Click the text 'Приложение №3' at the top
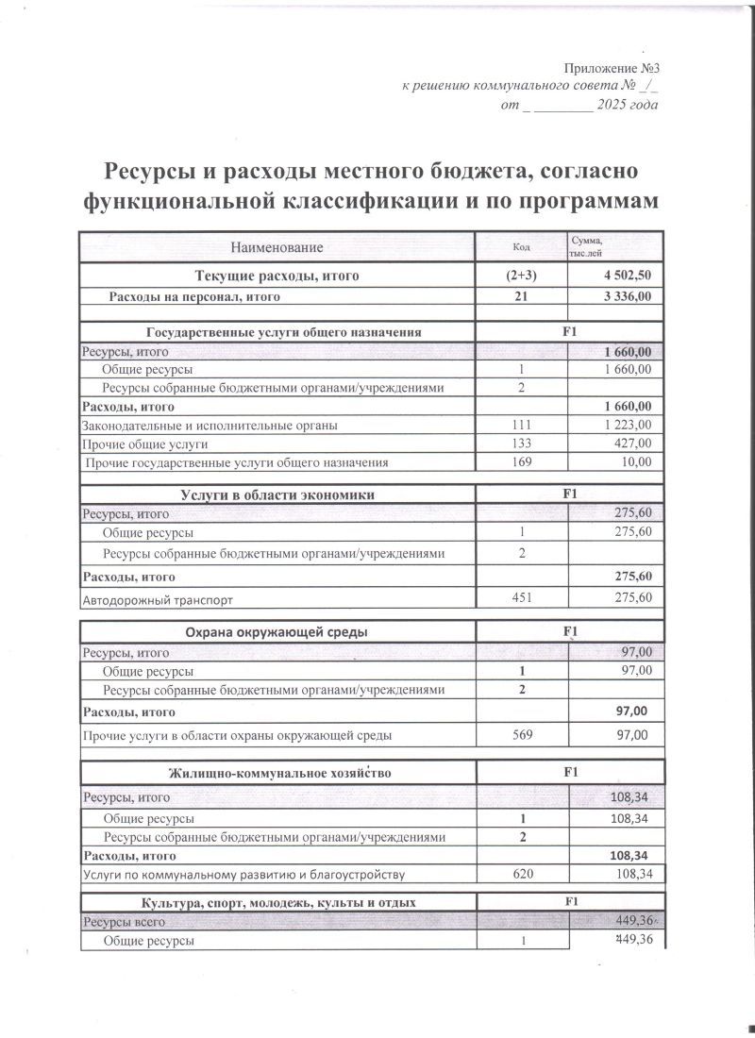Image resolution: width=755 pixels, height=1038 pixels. coord(610,68)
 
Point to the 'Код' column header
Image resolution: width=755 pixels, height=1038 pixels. coord(520,247)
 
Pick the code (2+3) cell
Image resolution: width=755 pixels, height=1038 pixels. coord(520,276)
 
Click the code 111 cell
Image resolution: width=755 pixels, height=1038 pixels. coord(520,426)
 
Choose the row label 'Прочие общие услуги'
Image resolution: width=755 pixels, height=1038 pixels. coord(145,444)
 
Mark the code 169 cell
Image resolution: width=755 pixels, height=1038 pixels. coord(520,461)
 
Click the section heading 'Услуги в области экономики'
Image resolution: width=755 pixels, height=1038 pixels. coord(277,494)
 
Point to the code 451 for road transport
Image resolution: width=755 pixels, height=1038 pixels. coord(520,597)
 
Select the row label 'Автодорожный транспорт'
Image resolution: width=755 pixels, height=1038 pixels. coord(158,599)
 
